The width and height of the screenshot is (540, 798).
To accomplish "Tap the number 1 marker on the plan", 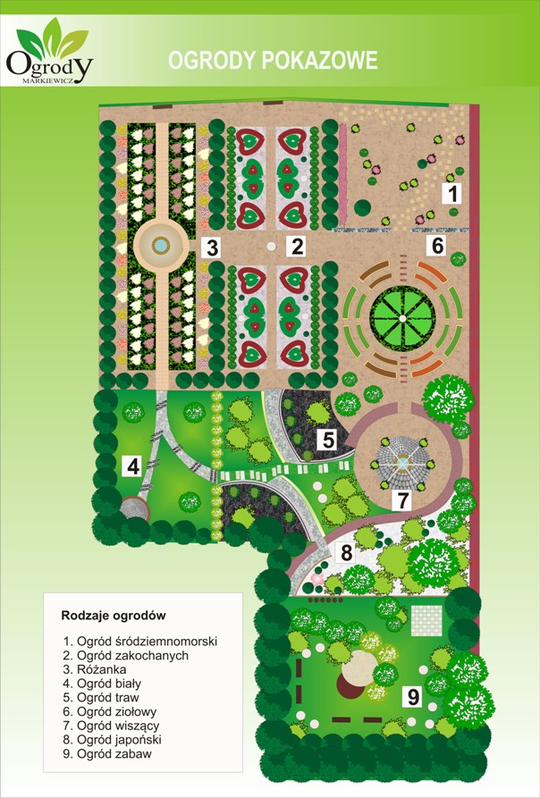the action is (x=453, y=192).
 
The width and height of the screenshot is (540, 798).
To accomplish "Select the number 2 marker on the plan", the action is (x=297, y=246).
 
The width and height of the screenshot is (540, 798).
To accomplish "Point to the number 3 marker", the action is (x=211, y=248).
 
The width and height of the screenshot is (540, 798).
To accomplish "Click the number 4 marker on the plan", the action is (x=132, y=466).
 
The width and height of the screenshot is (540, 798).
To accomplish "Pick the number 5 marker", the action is (x=328, y=440).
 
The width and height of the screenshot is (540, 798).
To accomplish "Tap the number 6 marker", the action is (x=438, y=244).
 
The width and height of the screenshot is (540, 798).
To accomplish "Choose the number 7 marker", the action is (x=403, y=500).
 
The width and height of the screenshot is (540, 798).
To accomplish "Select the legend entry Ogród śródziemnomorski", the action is (x=140, y=641).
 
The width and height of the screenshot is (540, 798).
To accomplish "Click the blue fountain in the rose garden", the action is (x=161, y=243).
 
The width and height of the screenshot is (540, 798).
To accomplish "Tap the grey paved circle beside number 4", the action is (x=135, y=508).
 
